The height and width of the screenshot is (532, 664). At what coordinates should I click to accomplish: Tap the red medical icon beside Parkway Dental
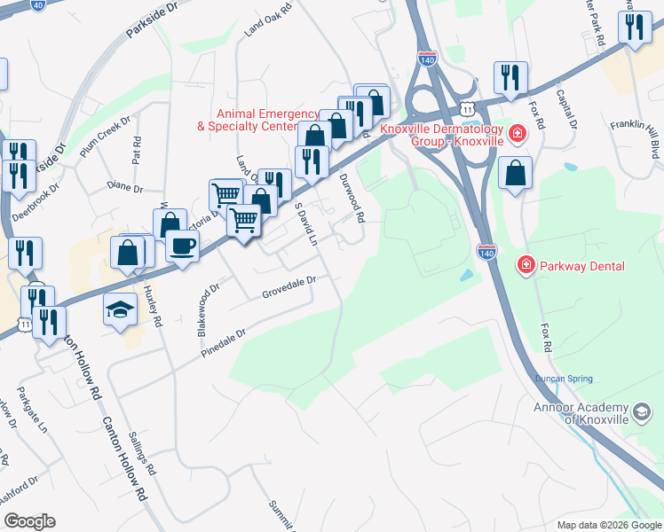click(x=526, y=265)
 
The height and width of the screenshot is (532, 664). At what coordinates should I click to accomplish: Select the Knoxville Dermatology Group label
click(x=441, y=136)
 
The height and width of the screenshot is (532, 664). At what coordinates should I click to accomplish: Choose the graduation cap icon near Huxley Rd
click(x=120, y=311)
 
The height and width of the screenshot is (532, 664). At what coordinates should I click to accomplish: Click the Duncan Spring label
click(x=564, y=379)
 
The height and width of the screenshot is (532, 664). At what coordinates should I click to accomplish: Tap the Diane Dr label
click(x=124, y=188)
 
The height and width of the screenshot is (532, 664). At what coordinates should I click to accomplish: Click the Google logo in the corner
click(x=29, y=521)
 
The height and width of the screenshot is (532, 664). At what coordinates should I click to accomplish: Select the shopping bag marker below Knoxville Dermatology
click(x=515, y=175)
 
